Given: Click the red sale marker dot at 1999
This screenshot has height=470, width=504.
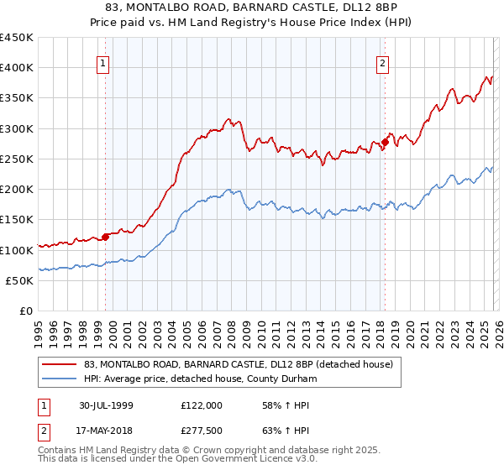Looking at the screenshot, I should point(106,237).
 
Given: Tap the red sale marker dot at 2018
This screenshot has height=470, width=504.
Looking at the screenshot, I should point(385,142).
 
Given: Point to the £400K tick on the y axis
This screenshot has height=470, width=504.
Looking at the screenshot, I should point(17,68).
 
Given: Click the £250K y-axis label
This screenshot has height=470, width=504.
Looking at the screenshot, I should point(17,159).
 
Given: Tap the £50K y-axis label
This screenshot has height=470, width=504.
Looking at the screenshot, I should point(20,280).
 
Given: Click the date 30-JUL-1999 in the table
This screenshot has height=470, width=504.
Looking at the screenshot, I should point(107,405).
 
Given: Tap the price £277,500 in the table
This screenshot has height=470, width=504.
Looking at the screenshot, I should point(202,429).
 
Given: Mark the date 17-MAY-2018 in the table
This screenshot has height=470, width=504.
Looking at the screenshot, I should point(107,429).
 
